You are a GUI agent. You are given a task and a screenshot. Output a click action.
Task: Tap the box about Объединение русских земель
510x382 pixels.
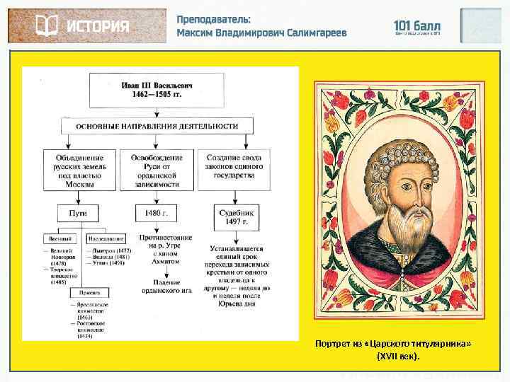(79, 170)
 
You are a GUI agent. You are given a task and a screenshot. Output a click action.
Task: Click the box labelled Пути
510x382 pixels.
(79, 212)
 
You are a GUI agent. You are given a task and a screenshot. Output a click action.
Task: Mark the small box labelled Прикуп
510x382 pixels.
(89, 290)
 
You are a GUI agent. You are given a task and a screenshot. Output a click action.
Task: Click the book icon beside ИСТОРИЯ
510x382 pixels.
(47, 26)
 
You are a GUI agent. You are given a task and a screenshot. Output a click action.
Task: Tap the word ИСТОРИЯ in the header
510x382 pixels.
(98, 27)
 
